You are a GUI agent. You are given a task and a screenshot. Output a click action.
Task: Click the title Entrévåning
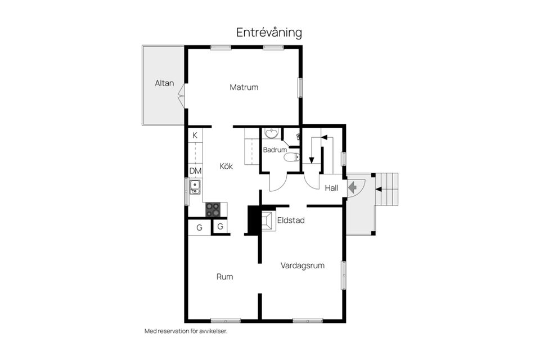(x=269, y=33)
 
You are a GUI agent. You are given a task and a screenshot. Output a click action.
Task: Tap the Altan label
(x=164, y=83)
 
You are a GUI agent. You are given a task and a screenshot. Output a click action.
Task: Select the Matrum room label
(x=244, y=87)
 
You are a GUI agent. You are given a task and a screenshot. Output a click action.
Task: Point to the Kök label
(x=226, y=166)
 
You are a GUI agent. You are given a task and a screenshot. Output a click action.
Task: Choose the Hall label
(x=332, y=188)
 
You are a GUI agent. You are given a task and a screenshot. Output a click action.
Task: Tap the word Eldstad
(x=291, y=220)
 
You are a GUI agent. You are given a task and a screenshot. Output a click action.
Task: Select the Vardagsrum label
(x=303, y=265)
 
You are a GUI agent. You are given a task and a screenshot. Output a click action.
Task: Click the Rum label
(x=225, y=277)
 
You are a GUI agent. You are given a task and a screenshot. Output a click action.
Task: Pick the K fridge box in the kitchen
(x=195, y=135)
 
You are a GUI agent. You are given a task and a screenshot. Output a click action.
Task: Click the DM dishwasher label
(x=195, y=171)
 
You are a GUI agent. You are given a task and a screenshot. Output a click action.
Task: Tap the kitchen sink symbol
(x=195, y=187)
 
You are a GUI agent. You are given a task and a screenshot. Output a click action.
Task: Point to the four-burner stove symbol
(x=213, y=210)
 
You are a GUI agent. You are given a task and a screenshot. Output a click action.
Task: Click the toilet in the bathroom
(x=290, y=157)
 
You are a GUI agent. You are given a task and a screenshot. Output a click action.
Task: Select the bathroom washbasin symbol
(x=271, y=133)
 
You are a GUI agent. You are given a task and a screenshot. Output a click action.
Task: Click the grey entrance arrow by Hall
(x=353, y=187)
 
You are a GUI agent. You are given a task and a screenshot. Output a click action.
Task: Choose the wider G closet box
(x=199, y=228)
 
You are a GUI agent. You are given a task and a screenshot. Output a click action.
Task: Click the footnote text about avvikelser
(x=186, y=331)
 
